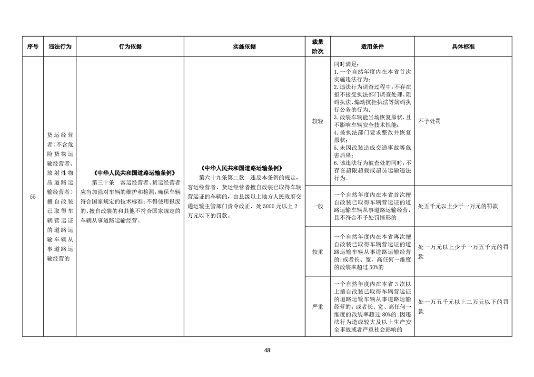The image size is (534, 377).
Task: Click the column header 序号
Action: [x=32, y=47]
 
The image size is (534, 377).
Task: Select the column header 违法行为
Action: [x=60, y=47]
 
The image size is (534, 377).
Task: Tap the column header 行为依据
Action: [x=130, y=47]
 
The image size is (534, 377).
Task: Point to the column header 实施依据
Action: [x=244, y=47]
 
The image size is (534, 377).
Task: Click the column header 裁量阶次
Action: [x=317, y=47]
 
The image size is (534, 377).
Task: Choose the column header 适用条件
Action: [x=372, y=47]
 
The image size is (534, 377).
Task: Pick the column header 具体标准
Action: [x=463, y=47]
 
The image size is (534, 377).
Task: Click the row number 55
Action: [x=32, y=197]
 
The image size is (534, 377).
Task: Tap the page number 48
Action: [x=267, y=350]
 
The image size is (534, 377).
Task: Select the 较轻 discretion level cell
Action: [x=317, y=121]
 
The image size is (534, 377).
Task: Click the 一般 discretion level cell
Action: [x=317, y=206]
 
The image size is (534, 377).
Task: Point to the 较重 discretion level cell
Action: [x=317, y=252]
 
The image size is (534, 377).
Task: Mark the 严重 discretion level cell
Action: [x=317, y=307]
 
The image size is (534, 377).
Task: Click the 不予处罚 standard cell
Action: [x=429, y=121]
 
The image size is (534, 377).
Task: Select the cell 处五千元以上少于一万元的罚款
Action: [x=458, y=206]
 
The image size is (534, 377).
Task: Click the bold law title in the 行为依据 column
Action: [x=130, y=173]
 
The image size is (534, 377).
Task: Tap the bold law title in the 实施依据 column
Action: [x=244, y=168]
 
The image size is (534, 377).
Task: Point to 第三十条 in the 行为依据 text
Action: [x=103, y=182]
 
